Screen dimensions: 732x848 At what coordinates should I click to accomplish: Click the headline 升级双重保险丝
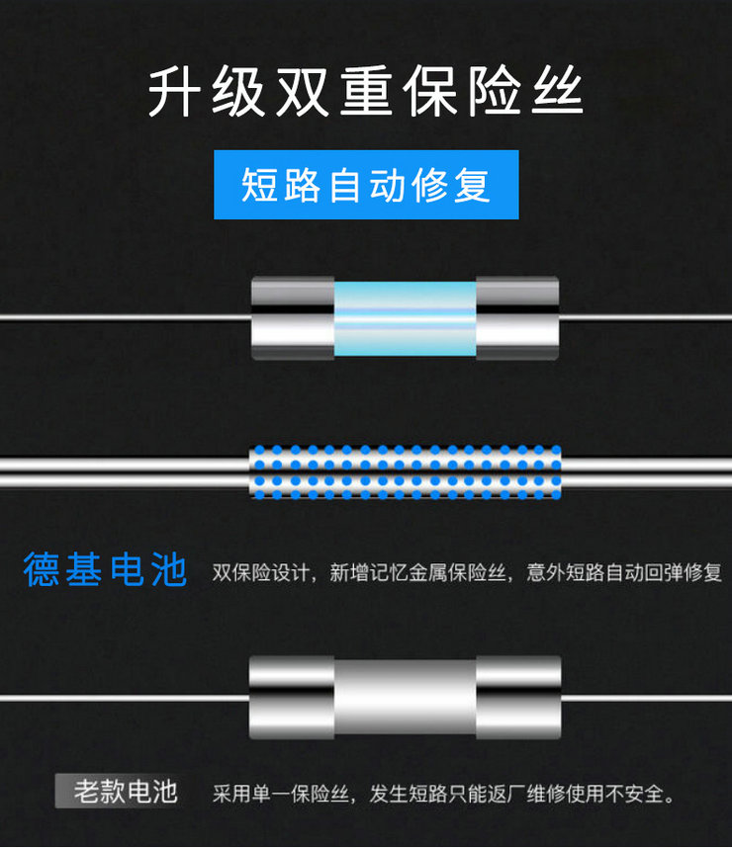(365, 91)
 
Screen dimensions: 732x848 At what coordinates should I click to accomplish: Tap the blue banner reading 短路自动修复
(366, 185)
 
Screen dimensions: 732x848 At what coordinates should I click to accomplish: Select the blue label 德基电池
(105, 569)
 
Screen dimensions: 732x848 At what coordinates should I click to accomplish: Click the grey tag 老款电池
(118, 791)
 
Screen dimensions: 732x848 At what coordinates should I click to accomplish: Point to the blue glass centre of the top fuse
(405, 318)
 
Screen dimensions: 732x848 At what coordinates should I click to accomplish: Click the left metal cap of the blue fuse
(293, 318)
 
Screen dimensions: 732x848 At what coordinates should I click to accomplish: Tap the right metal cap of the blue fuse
(517, 318)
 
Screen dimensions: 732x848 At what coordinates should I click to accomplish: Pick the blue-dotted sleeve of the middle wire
(405, 471)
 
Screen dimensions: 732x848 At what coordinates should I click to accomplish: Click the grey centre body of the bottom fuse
(405, 697)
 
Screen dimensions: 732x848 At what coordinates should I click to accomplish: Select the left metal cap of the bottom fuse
(292, 697)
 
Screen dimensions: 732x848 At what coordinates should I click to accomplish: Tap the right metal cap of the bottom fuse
(518, 697)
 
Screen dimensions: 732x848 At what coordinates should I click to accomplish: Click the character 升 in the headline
(173, 91)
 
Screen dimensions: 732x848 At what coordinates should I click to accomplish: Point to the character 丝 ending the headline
(558, 91)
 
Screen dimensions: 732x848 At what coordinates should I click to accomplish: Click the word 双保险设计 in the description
(260, 572)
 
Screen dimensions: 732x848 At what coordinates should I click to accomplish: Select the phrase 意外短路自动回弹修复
(624, 572)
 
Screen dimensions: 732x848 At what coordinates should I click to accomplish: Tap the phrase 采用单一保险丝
(281, 794)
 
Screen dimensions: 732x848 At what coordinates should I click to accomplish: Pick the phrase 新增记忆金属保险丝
(418, 572)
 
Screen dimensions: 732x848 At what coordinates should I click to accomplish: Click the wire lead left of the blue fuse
(126, 317)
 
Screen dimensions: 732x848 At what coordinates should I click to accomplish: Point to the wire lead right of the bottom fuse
(647, 698)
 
